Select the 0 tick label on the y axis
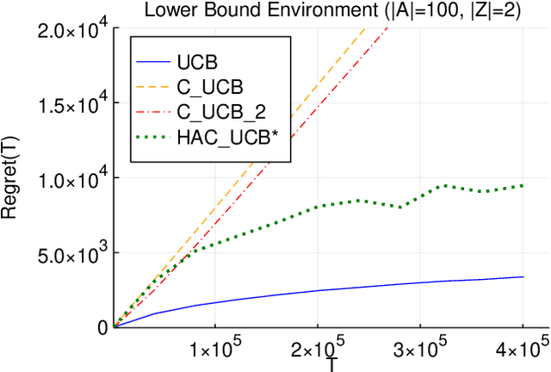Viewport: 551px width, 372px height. [x=103, y=327]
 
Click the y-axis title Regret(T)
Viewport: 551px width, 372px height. [x=12, y=179]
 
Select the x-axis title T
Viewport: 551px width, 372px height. [x=331, y=364]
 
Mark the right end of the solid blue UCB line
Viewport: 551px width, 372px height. [x=523, y=276]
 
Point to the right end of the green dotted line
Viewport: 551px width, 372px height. [x=523, y=185]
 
